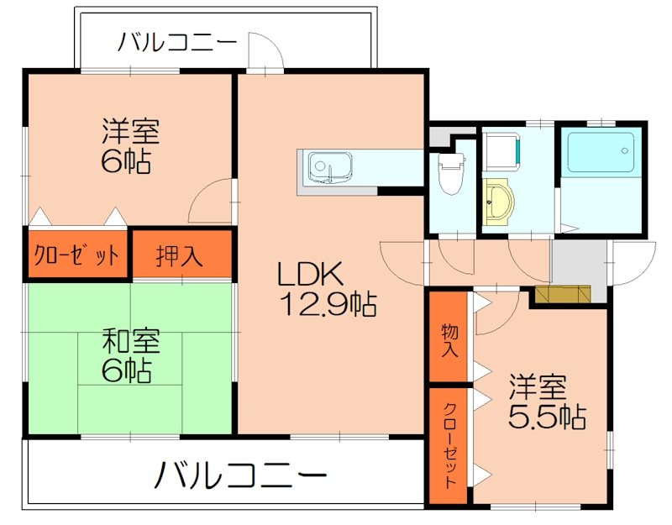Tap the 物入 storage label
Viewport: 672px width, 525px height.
(x=449, y=339)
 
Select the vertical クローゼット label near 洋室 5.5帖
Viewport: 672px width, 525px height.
(x=449, y=445)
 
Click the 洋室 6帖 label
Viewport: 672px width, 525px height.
(x=130, y=144)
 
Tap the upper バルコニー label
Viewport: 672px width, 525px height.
(x=177, y=42)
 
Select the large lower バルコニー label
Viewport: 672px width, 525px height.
(x=239, y=476)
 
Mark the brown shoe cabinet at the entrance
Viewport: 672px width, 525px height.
(x=563, y=293)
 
